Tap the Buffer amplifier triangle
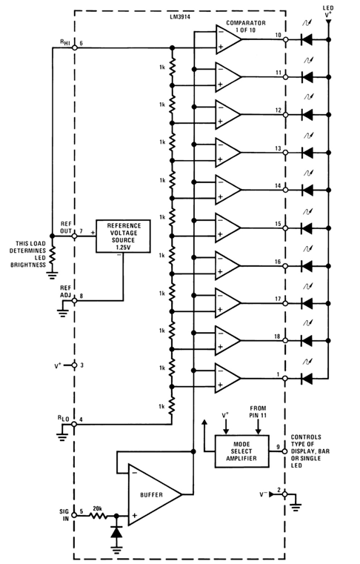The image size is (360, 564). [x=150, y=494]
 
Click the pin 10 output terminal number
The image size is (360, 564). [x=277, y=36]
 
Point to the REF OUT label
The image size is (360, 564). [x=65, y=227]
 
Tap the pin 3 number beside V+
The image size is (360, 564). [x=82, y=365]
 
